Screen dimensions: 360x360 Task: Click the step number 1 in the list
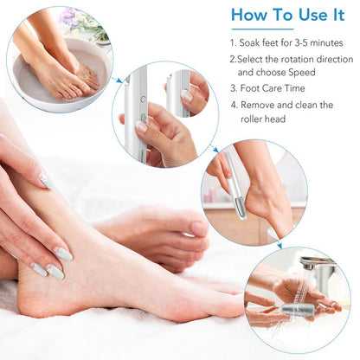click(232, 42)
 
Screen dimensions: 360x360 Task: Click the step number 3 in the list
click(232, 88)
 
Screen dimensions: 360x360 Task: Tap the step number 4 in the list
click(233, 105)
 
